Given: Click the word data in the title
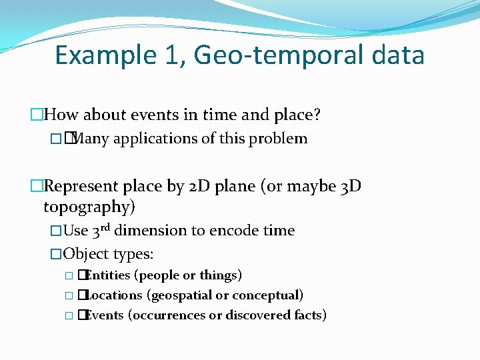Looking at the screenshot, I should pos(397,55).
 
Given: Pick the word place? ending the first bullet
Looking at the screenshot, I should pos(297,115).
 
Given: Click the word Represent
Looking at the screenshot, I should pos(82,186).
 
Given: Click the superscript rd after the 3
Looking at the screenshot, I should pos(107,227).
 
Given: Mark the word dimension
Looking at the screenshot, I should pos(149,231).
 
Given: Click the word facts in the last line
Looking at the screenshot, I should pos(308,315).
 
